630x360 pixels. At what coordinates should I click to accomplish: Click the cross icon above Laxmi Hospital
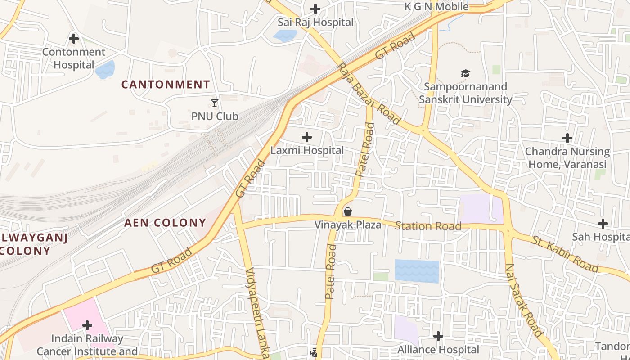(307, 137)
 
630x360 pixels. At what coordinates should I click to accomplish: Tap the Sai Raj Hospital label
(315, 22)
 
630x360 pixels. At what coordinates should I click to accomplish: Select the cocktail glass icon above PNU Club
(215, 103)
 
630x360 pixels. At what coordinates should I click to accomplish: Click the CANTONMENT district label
(166, 84)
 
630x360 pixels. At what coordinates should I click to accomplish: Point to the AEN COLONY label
(165, 222)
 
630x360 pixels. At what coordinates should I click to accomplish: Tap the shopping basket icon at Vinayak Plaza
(348, 211)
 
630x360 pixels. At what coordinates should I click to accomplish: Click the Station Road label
(428, 226)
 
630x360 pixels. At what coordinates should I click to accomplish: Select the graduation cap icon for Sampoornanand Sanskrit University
(465, 73)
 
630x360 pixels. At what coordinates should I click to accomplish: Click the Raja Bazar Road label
(369, 94)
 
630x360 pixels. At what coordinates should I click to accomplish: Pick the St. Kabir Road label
(565, 254)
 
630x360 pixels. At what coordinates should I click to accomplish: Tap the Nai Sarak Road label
(524, 300)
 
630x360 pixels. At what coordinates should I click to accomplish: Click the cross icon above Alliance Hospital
(438, 336)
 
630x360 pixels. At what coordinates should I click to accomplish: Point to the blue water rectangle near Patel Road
(417, 271)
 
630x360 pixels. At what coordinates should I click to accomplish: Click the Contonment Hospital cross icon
(74, 39)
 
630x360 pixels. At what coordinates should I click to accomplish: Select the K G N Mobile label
(436, 7)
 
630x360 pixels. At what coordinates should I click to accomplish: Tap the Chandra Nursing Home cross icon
(567, 138)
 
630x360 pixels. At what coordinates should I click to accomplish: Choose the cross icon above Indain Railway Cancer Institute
(87, 325)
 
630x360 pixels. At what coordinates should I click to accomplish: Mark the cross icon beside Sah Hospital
(603, 223)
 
